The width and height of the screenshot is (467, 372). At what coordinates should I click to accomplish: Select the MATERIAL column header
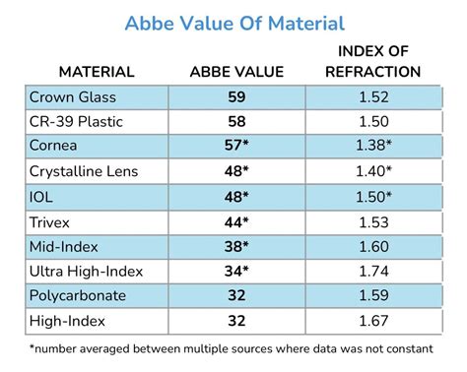97,72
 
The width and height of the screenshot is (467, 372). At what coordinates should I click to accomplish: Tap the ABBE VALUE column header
236,72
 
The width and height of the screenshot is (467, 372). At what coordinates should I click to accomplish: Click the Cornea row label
55,146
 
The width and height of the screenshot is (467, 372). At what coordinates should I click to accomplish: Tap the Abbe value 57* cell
236,146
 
